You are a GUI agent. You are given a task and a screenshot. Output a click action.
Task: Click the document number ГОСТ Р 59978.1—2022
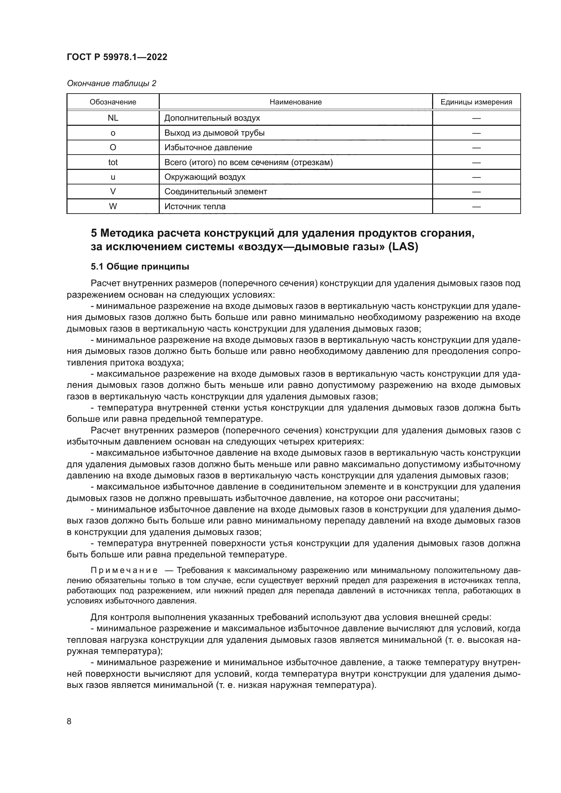click(x=117, y=57)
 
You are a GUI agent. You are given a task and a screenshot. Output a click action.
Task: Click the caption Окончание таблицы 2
click(x=111, y=83)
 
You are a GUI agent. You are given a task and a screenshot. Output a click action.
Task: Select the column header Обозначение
click(x=113, y=102)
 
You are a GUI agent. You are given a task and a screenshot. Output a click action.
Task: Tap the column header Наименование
click(x=295, y=102)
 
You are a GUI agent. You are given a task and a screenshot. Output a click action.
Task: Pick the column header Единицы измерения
click(x=476, y=102)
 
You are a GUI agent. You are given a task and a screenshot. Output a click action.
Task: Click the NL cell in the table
click(x=113, y=118)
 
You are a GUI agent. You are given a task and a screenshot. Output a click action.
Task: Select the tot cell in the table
click(x=113, y=162)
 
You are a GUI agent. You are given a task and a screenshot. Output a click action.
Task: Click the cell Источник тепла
click(x=195, y=206)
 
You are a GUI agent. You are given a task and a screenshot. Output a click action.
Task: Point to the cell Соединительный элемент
click(x=216, y=191)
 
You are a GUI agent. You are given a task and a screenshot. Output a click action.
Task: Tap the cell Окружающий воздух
click(x=205, y=177)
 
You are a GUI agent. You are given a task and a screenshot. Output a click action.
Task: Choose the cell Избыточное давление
click(x=208, y=147)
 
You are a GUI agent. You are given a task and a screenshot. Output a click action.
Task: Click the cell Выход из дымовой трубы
click(x=214, y=133)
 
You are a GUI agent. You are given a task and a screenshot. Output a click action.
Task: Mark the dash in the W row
click(x=476, y=206)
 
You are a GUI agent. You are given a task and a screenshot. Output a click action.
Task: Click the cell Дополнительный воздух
click(x=212, y=118)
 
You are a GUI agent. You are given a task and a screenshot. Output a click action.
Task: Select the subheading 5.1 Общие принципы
click(x=140, y=266)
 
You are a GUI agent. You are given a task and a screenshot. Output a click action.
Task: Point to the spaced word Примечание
click(x=124, y=570)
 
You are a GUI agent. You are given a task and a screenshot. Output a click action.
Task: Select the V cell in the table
click(x=113, y=191)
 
